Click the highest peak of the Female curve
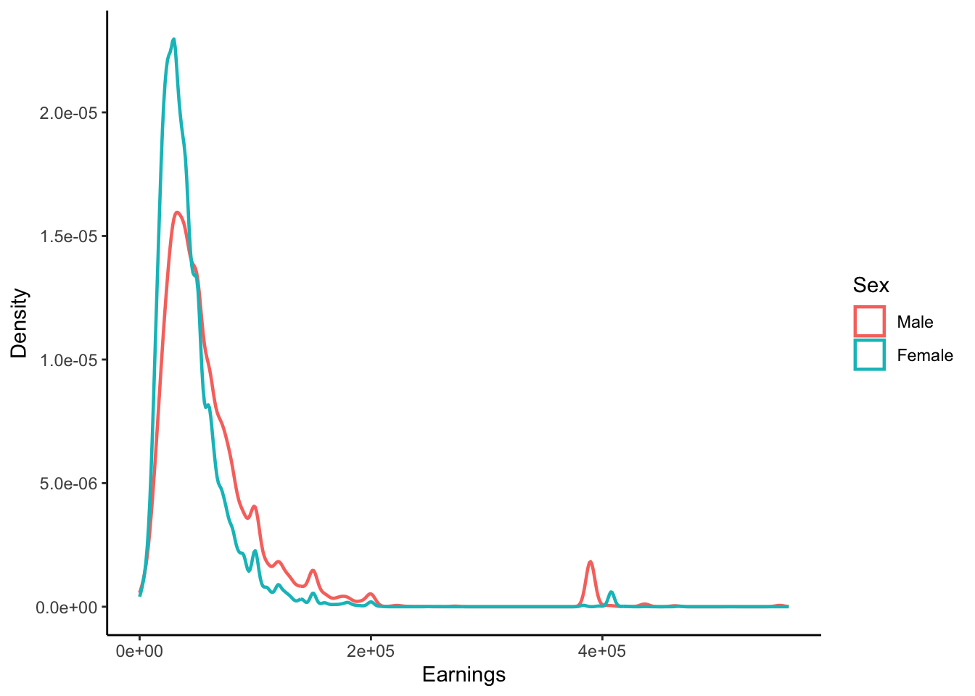tap(173, 40)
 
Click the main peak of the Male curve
tap(177, 212)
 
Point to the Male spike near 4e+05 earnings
tap(591, 562)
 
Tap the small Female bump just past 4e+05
tap(612, 592)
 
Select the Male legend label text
tap(915, 322)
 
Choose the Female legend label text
tap(925, 355)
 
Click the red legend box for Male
tap(869, 322)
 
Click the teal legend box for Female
tap(869, 355)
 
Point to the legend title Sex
tap(871, 285)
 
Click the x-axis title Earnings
tap(464, 675)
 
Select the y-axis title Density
tap(20, 323)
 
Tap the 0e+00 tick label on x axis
tap(140, 651)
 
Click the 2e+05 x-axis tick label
tap(371, 651)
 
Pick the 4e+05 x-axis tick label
tap(601, 651)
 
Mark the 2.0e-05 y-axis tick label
tap(68, 113)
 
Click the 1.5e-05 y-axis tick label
tap(68, 236)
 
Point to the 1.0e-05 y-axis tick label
tap(68, 360)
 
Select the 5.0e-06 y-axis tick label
tap(68, 484)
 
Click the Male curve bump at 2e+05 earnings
tap(371, 594)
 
